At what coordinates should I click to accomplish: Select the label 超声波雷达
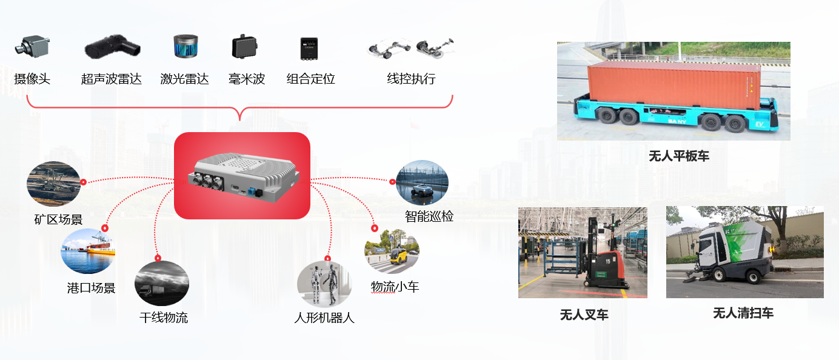112,79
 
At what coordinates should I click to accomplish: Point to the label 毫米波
247,79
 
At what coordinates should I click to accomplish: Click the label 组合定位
310,79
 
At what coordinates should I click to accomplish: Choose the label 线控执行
411,79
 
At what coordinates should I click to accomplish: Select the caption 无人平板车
678,156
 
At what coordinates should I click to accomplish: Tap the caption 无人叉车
584,315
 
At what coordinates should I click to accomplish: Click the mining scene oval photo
53,184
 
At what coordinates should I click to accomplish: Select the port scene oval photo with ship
88,251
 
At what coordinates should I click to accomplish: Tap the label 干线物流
164,317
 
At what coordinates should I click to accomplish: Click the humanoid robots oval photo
324,284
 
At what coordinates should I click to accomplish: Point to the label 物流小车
395,287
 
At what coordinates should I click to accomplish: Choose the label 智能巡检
429,216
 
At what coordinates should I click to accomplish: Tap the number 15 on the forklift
607,261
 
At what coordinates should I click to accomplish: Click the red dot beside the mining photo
83,181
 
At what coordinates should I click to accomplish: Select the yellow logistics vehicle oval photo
392,250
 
